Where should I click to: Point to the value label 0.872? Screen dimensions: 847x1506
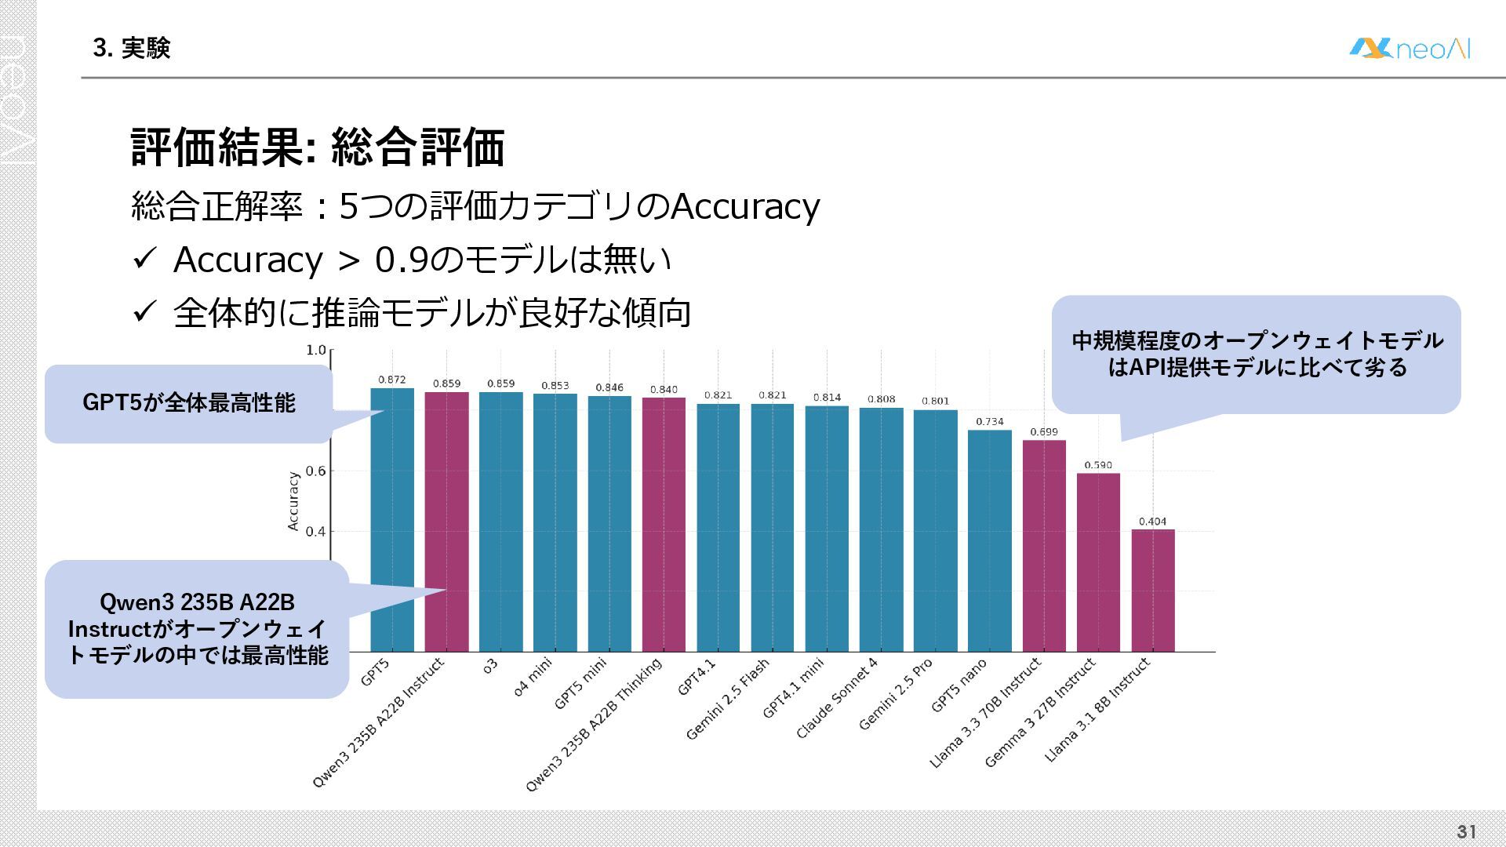[x=392, y=380]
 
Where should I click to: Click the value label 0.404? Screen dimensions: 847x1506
[x=1152, y=522]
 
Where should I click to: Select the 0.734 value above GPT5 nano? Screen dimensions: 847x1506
[x=990, y=422]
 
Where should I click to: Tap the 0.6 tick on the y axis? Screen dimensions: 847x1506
[x=315, y=471]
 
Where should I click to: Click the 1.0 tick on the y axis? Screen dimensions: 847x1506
[x=315, y=350]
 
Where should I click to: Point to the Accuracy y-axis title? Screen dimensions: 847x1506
[x=293, y=501]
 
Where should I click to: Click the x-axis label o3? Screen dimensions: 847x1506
[x=490, y=667]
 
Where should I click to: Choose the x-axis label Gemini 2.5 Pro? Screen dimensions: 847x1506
[x=896, y=694]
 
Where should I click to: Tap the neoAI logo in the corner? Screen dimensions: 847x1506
[x=1410, y=49]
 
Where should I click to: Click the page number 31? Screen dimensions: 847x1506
[x=1466, y=832]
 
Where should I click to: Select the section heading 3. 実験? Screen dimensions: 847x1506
[x=131, y=49]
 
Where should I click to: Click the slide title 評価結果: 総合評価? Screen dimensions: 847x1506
[x=317, y=147]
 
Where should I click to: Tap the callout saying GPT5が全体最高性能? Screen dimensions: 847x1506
[x=189, y=403]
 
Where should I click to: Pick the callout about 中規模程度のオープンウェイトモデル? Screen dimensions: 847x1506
[x=1257, y=354]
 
